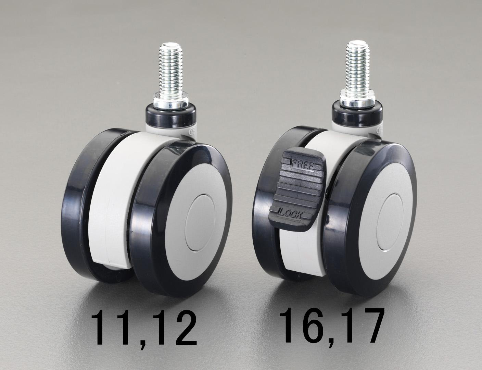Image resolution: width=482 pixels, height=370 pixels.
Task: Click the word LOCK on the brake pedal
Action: [x=290, y=213]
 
